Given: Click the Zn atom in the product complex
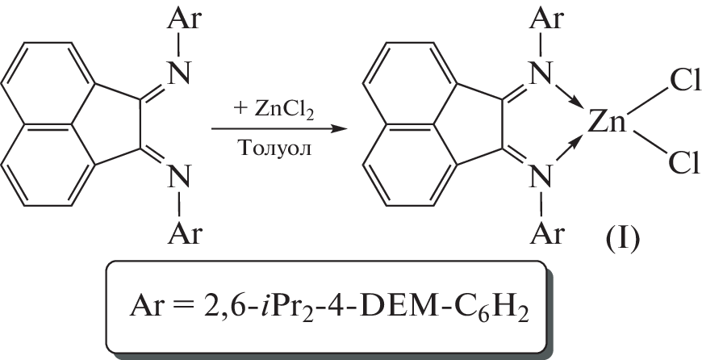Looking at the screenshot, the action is click(606, 122).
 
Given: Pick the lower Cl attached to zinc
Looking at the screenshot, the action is click(684, 162).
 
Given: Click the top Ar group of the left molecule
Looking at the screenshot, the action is click(185, 20).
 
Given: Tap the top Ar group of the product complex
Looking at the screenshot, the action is click(545, 20).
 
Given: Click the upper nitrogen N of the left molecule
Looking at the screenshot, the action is click(179, 73).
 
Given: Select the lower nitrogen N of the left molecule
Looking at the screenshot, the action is click(179, 177).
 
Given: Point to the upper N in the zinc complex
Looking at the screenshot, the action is click(541, 73).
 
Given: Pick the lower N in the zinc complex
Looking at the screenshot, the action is click(541, 177).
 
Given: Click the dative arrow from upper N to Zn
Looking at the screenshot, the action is click(570, 94).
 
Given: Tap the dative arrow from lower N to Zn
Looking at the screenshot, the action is click(570, 149).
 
